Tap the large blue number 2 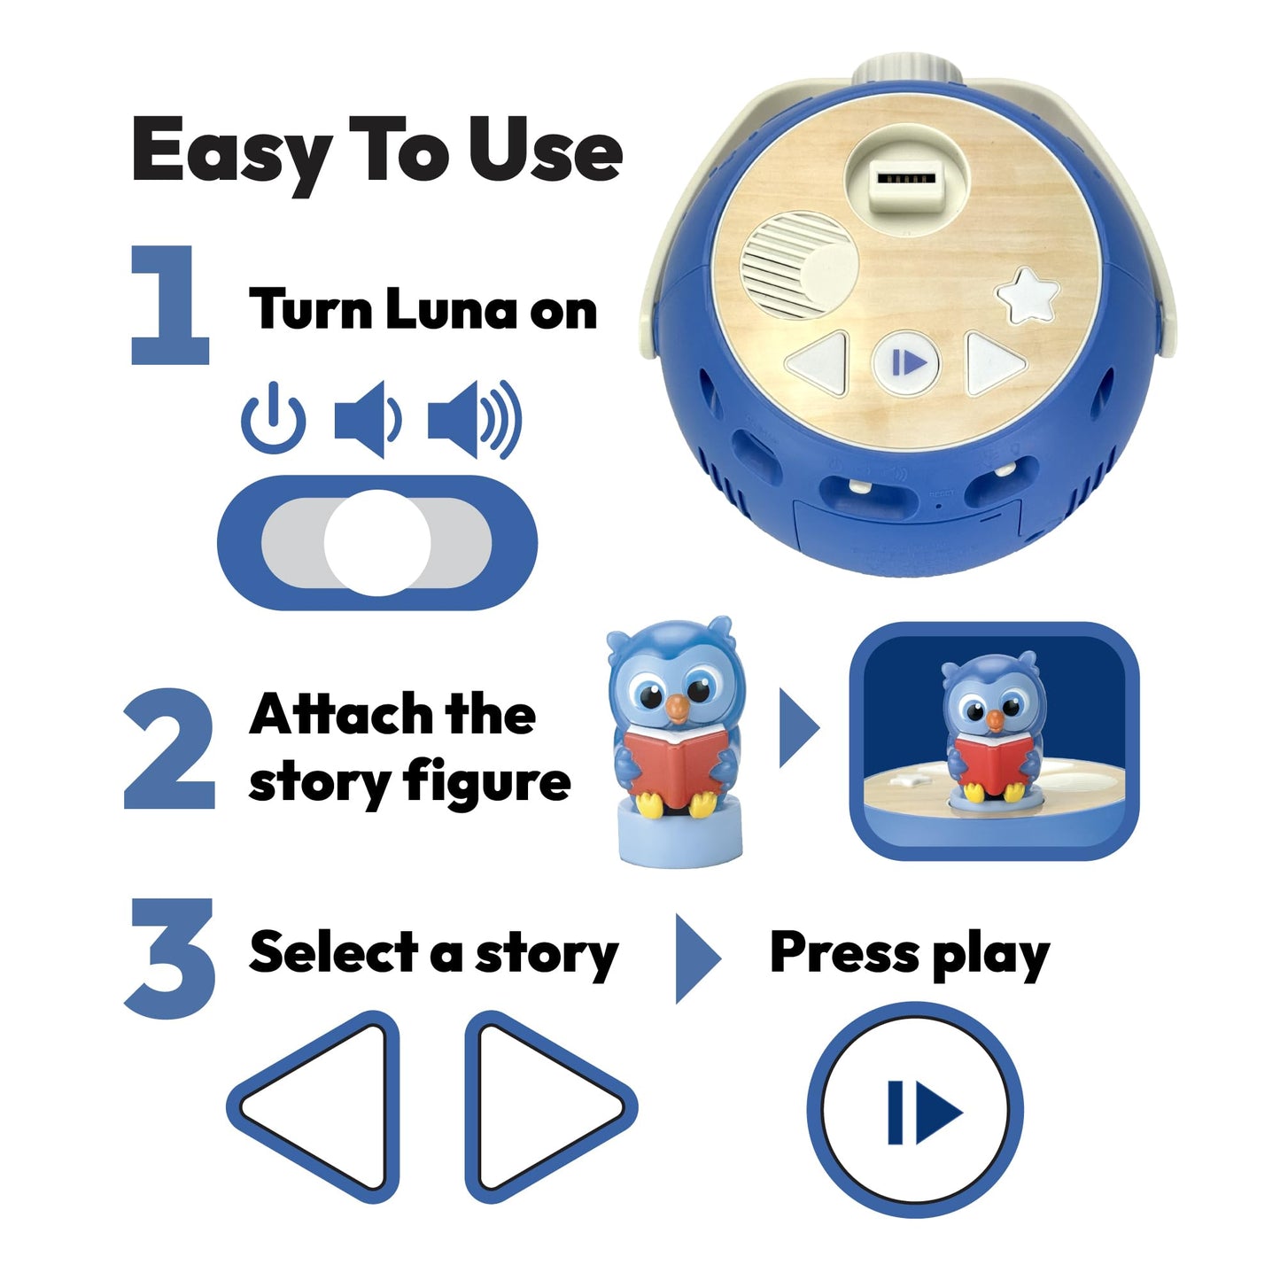(x=169, y=749)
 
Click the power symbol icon (x=274, y=419)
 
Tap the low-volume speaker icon (x=367, y=420)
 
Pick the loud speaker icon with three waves (x=474, y=420)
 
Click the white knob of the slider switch (x=377, y=542)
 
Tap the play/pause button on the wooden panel (x=905, y=362)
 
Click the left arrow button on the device (x=819, y=361)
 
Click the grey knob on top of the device (x=906, y=73)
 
